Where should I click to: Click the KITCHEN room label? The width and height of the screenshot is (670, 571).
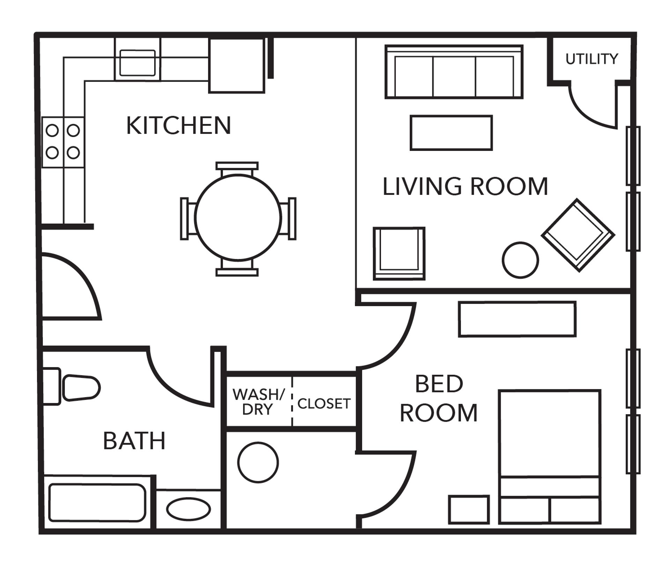(178, 125)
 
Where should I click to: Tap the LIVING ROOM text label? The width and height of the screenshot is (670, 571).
(465, 186)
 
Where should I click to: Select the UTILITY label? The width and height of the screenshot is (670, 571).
(591, 59)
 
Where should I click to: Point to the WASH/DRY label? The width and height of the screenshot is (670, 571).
(258, 402)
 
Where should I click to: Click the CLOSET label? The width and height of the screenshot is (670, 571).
(324, 404)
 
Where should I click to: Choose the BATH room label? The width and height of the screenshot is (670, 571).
(134, 441)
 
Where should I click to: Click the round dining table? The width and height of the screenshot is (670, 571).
(238, 218)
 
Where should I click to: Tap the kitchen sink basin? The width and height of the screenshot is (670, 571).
(137, 63)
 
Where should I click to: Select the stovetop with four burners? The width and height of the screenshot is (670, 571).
(63, 142)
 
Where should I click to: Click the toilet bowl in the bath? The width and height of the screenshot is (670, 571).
(81, 387)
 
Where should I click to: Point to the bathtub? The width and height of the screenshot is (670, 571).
(97, 502)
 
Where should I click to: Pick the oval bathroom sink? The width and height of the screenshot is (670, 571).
(188, 509)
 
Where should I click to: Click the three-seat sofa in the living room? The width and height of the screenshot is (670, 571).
(454, 72)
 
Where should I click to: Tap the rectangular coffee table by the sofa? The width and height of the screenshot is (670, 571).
(451, 133)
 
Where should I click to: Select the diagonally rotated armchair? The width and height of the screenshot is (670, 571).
(578, 235)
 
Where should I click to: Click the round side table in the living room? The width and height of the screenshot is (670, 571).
(520, 260)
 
